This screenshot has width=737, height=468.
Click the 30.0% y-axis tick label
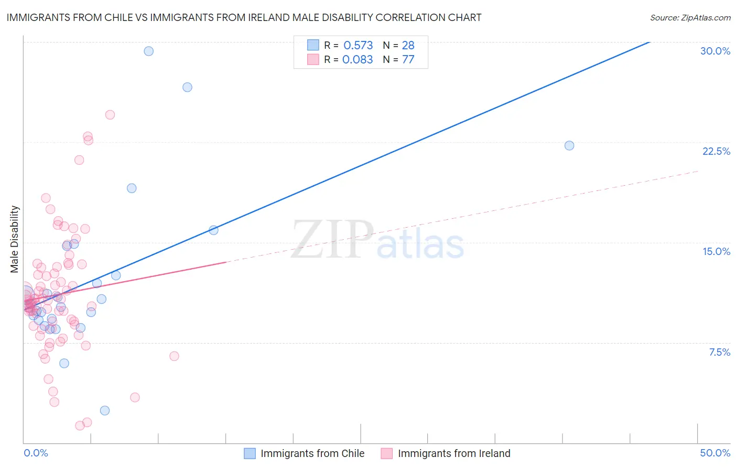pyautogui.click(x=715, y=51)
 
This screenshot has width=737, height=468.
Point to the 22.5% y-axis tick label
pyautogui.click(x=716, y=151)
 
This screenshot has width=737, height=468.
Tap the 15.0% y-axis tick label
pyautogui.click(x=716, y=251)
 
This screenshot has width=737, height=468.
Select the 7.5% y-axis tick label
pyautogui.click(x=719, y=352)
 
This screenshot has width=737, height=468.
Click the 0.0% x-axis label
pyautogui.click(x=36, y=453)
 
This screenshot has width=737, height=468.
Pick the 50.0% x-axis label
pyautogui.click(x=715, y=453)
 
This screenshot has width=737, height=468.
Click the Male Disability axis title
pyautogui.click(x=14, y=239)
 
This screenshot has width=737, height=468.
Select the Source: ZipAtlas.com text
pyautogui.click(x=690, y=17)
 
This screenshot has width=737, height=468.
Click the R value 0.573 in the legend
pyautogui.click(x=358, y=45)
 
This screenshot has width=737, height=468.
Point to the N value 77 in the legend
pyautogui.click(x=408, y=59)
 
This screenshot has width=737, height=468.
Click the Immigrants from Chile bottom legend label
pyautogui.click(x=312, y=453)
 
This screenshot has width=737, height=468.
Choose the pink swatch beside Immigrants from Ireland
pyautogui.click(x=387, y=453)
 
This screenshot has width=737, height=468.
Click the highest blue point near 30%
pyautogui.click(x=149, y=51)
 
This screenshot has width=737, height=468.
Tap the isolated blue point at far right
pyautogui.click(x=569, y=145)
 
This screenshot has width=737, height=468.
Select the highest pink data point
pyautogui.click(x=110, y=114)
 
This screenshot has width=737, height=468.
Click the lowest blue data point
pyautogui.click(x=105, y=410)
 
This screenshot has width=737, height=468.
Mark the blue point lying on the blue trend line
pyautogui.click(x=213, y=230)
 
